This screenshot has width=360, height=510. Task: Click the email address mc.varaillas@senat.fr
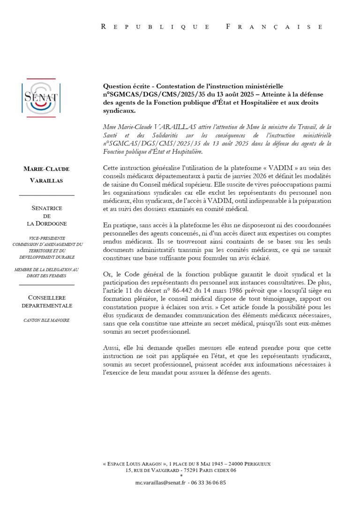pyautogui.click(x=160, y=482)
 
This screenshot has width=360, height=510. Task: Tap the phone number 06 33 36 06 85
pyautogui.click(x=210, y=482)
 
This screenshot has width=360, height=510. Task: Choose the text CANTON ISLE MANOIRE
pyautogui.click(x=46, y=320)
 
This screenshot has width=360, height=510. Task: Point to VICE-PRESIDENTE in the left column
pyautogui.click(x=46, y=238)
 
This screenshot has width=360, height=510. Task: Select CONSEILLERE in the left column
pyautogui.click(x=46, y=297)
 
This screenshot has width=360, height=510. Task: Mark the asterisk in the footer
pyautogui.click(x=181, y=476)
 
